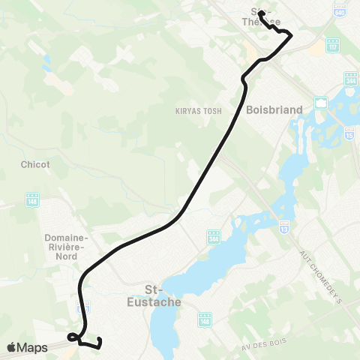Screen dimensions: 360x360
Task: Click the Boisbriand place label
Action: point(274,109)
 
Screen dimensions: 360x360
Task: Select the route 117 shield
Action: point(333,46)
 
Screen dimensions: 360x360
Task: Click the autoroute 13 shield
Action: point(284,225)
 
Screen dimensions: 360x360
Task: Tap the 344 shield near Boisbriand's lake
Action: point(349,78)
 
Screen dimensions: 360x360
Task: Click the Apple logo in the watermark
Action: point(11,347)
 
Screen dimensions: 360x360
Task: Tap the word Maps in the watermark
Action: point(32,347)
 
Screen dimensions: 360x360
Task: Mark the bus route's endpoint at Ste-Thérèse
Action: point(260,13)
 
